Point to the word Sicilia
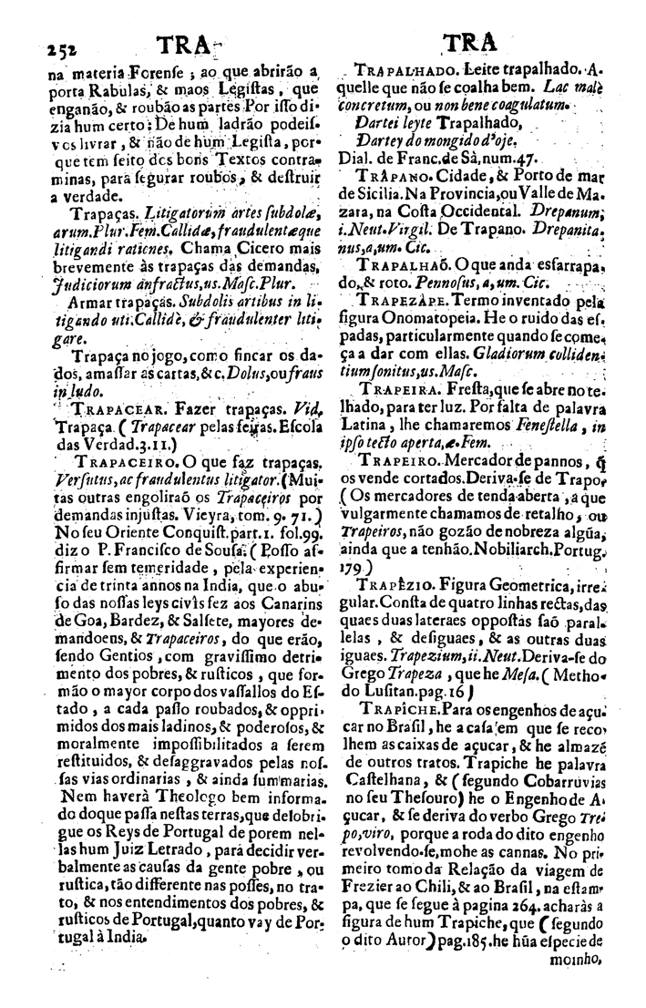[364, 193]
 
